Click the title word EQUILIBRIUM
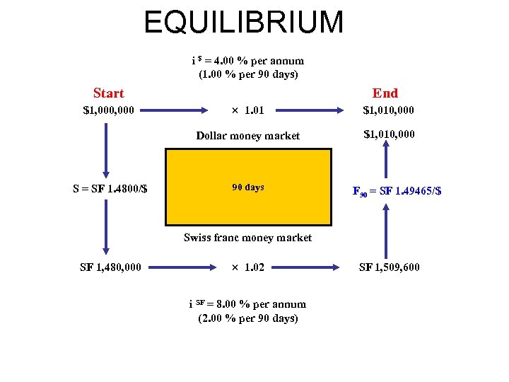[x=244, y=22]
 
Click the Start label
[x=108, y=93]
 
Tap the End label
[x=385, y=93]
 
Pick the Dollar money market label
[x=247, y=136]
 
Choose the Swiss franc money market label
[x=247, y=238]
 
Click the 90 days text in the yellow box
[x=248, y=187]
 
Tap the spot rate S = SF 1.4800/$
[x=110, y=189]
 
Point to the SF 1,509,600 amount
[x=390, y=267]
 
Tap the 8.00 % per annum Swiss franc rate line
[x=247, y=304]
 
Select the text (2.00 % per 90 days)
[x=247, y=318]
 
